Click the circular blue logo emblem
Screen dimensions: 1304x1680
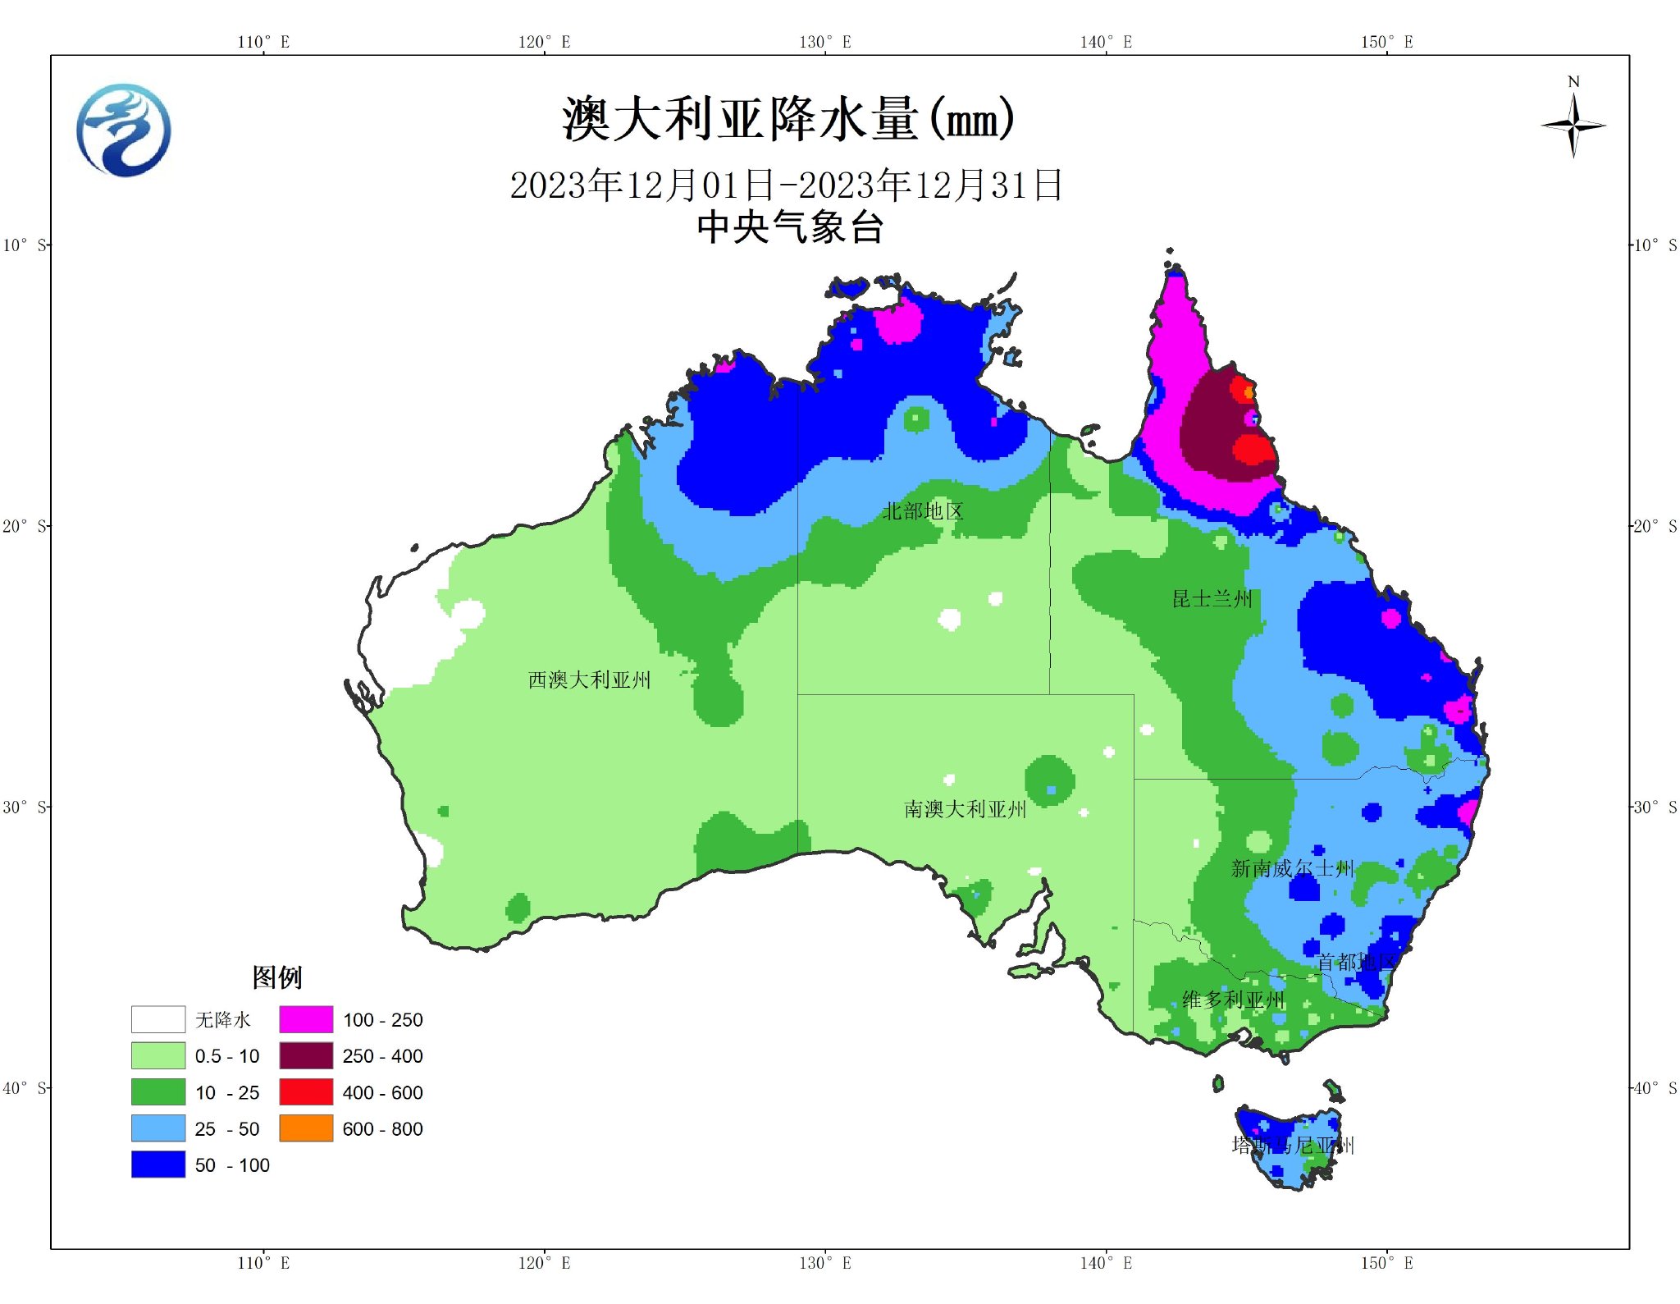(x=124, y=130)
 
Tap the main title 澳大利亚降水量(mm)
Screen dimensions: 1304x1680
(x=787, y=120)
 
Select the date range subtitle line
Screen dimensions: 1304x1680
(x=786, y=185)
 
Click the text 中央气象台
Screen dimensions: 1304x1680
(x=789, y=227)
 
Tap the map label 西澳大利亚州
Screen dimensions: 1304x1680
(x=589, y=679)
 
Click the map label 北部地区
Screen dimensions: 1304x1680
(x=923, y=511)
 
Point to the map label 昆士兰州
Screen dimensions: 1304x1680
(x=1212, y=598)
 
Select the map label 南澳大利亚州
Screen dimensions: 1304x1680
(x=965, y=809)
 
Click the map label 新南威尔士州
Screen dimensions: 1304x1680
(x=1291, y=868)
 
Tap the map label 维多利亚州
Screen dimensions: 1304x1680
(x=1233, y=1000)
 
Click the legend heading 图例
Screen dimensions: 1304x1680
(x=276, y=977)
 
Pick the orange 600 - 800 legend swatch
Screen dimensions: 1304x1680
(x=306, y=1128)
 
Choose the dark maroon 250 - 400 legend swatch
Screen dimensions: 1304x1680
(x=306, y=1055)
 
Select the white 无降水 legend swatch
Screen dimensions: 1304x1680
(x=158, y=1019)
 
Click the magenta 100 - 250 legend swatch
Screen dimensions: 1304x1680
(x=306, y=1019)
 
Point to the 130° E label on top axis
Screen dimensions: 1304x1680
(x=824, y=42)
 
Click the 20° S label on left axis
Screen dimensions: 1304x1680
(x=24, y=526)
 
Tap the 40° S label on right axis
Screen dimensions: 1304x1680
(x=1655, y=1088)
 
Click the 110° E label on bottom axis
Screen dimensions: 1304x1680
(x=263, y=1263)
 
